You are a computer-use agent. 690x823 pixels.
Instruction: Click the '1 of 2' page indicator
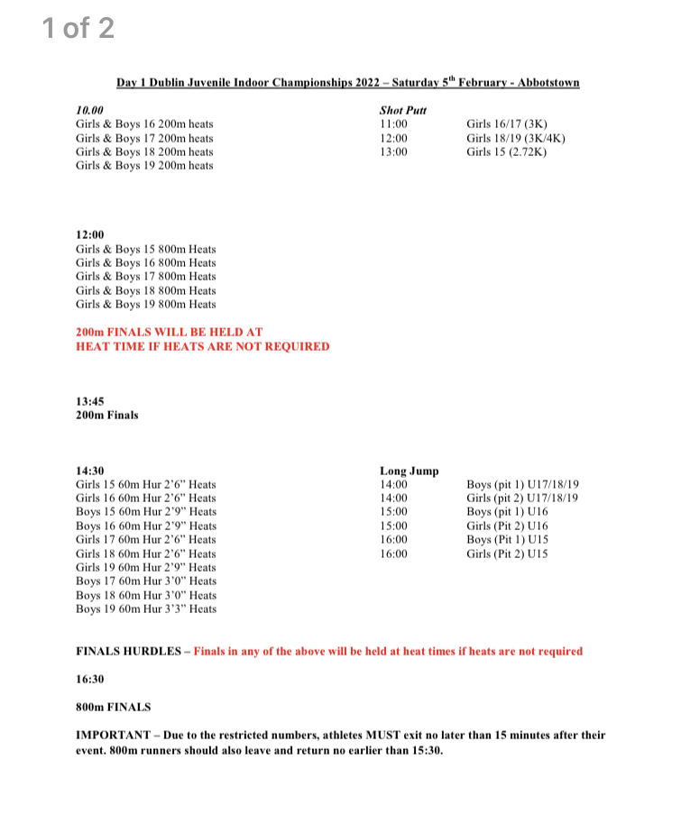pos(78,28)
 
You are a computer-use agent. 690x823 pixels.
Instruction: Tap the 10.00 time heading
pos(90,110)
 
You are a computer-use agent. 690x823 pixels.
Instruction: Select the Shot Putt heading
pos(402,110)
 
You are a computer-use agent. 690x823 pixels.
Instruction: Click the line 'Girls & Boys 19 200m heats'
pos(144,166)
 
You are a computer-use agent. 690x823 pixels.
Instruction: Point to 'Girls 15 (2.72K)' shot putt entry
pos(506,152)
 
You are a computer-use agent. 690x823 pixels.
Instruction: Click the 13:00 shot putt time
pos(393,152)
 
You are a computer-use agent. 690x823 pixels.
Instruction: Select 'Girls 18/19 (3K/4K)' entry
pos(515,138)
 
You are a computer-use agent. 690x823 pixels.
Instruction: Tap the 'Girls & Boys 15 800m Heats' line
pos(146,249)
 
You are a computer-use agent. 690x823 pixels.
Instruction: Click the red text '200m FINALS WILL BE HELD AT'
pos(169,333)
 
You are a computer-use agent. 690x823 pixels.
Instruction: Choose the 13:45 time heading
pos(90,402)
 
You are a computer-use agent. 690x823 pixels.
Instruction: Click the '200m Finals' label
pos(107,416)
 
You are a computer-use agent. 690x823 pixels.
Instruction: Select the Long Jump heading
pos(409,471)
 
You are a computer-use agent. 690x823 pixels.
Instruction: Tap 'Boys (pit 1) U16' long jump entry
pos(506,512)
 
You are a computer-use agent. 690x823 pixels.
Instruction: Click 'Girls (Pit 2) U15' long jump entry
pos(506,553)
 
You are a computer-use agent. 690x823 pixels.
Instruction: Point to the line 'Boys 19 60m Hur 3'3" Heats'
pos(146,608)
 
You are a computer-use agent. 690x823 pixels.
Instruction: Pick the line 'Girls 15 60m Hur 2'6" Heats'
pos(146,484)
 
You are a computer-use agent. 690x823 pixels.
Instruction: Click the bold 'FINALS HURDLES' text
pos(128,651)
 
